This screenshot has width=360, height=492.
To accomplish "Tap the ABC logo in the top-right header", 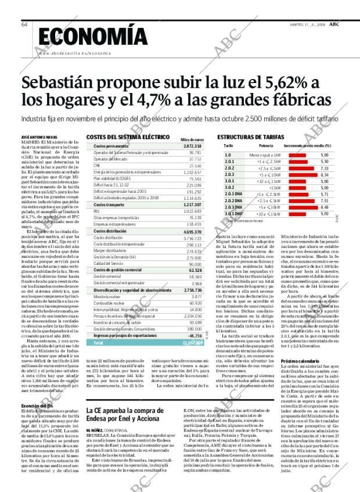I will (335, 24).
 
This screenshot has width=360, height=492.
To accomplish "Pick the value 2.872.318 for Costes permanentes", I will (192, 146).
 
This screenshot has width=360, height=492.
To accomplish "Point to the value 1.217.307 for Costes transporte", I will (192, 205).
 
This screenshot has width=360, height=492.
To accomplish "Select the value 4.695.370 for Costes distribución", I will (192, 231).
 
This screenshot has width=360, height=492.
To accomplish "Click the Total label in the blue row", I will (99, 343).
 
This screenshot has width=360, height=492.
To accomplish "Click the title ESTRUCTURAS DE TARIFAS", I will (250, 137).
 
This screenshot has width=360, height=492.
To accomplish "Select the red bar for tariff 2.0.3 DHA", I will (301, 207).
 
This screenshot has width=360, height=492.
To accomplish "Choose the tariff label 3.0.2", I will (228, 188).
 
